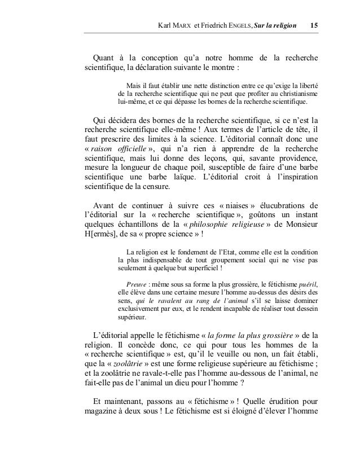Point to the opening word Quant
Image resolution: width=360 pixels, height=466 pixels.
102,59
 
